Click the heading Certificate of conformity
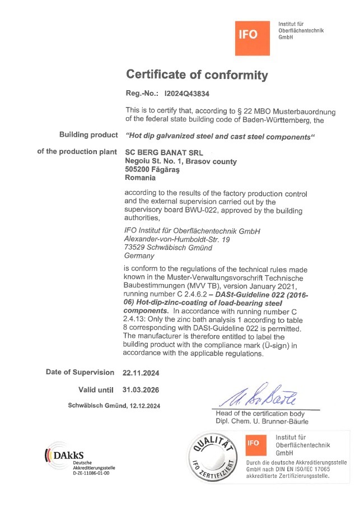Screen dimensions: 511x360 pos(197,75)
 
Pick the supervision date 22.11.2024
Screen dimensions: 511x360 pos(141,373)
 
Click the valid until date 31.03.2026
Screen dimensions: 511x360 pos(141,389)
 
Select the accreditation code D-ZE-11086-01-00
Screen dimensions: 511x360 pos(91,473)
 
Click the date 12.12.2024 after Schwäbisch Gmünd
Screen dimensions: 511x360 pos(146,406)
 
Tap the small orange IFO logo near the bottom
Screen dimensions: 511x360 pos(254,443)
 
